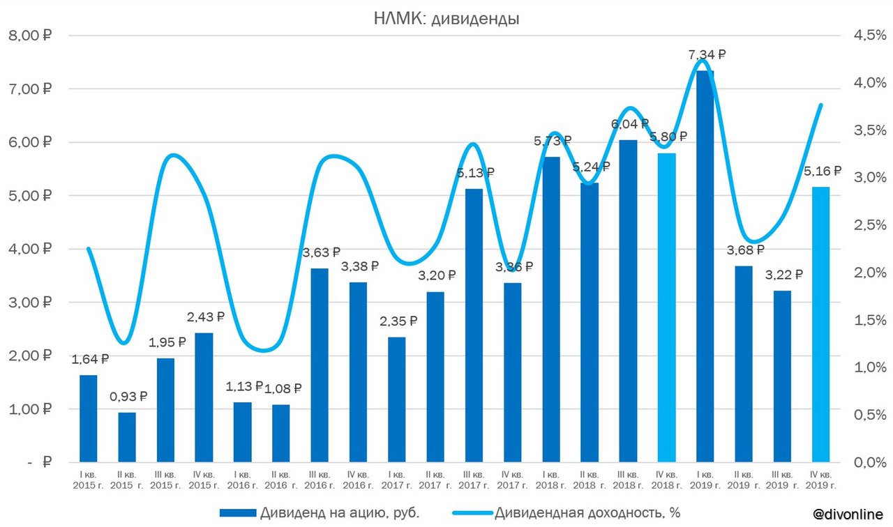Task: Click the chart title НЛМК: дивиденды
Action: pyautogui.click(x=446, y=19)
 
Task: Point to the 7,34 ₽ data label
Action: pyautogui.click(x=706, y=54)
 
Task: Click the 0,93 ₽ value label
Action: pyautogui.click(x=128, y=397)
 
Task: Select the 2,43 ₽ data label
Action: pyautogui.click(x=205, y=317)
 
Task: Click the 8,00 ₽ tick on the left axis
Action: pyautogui.click(x=32, y=36)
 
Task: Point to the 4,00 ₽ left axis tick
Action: pyautogui.click(x=32, y=249)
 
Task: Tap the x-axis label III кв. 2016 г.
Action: pyautogui.click(x=320, y=480)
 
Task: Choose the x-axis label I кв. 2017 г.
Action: pyautogui.click(x=396, y=480)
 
